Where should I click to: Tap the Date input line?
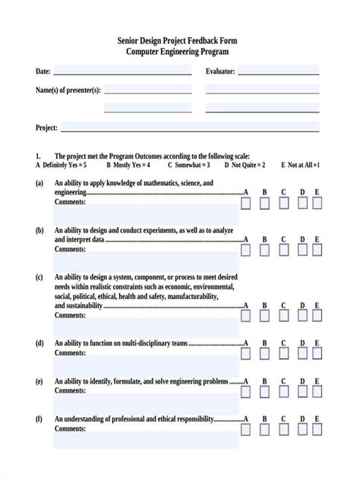[122, 71]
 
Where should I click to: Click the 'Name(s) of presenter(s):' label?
[68, 90]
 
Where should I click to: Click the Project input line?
[190, 128]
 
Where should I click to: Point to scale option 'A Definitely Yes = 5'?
[62, 165]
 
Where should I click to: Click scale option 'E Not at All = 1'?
[301, 165]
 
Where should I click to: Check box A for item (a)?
[246, 203]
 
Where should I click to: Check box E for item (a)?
[317, 203]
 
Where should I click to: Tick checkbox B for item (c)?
[264, 315]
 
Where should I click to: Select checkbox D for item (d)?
[302, 352]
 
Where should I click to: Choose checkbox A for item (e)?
[246, 390]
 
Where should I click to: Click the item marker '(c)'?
[39, 278]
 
